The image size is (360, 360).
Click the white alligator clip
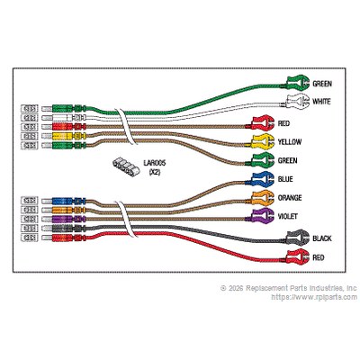[297, 102]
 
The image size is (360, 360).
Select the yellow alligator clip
[263, 141]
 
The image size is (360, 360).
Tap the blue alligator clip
[263, 179]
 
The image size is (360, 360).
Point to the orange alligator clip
[263, 198]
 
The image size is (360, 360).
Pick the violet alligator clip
[263, 216]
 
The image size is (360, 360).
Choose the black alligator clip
[297, 238]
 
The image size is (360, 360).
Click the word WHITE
[321, 102]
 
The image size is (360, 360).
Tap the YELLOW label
[290, 142]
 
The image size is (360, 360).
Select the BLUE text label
[285, 179]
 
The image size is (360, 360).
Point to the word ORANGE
[290, 198]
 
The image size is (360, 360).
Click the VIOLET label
[288, 216]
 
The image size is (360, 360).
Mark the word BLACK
[322, 238]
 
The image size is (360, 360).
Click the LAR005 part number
[154, 164]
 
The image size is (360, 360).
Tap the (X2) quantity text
[155, 173]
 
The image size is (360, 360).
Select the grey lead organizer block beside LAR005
[126, 166]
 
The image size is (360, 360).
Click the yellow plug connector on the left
[69, 136]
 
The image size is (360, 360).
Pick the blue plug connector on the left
[69, 201]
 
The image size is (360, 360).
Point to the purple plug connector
[69, 219]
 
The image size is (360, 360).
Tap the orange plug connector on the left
[69, 210]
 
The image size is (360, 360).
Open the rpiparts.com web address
[314, 297]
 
